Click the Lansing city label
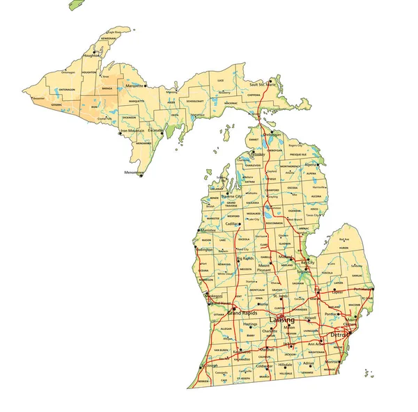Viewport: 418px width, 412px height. [282, 319]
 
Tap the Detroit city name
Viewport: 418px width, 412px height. [339, 335]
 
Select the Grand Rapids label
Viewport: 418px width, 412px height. [241, 314]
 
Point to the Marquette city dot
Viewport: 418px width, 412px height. [145, 86]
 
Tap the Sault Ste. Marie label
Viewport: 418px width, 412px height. [262, 84]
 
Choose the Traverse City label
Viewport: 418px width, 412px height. [231, 197]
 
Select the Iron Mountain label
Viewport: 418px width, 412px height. [132, 130]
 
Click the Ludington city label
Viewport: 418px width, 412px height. [205, 248]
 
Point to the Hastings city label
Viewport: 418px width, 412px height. [251, 324]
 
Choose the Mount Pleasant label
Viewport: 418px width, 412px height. [263, 268]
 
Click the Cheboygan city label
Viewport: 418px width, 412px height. [273, 135]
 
